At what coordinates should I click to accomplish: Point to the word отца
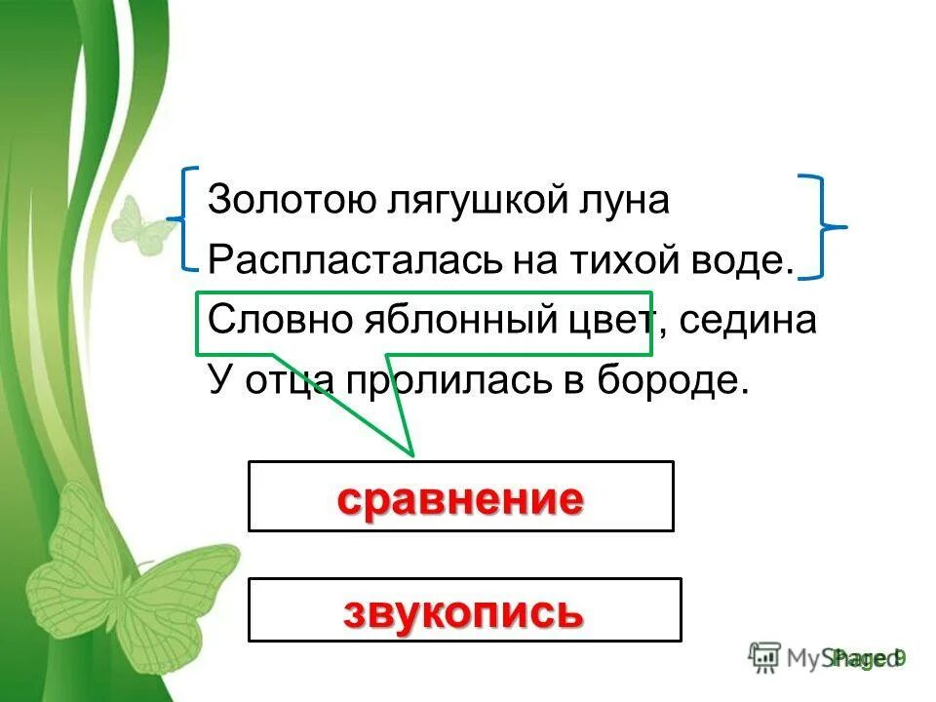tap(285, 380)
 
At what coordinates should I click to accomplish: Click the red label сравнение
tap(460, 499)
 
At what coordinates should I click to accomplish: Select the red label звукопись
tap(463, 612)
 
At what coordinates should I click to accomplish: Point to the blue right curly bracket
tap(822, 227)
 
